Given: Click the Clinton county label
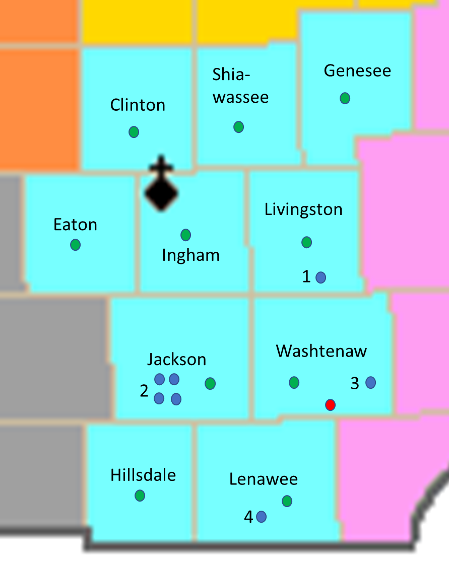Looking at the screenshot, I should point(138,105).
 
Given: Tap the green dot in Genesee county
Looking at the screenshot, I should point(345,98).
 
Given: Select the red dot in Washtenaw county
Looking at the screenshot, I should point(330,404).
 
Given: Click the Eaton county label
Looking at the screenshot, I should point(75,225).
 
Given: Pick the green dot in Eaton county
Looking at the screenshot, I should point(75,245).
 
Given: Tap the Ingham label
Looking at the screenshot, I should point(190,255).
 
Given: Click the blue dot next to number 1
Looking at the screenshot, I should point(320,277).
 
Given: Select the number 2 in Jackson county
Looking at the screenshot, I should point(144,391).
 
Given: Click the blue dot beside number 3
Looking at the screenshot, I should point(370,382).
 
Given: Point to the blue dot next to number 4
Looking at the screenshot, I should point(261,517).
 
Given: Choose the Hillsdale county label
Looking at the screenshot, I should point(143,475).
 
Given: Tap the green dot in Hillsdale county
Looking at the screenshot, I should point(140,496).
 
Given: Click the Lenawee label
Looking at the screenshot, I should point(263,479).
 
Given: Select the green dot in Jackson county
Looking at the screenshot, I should point(210,384).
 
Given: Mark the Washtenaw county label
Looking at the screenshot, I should point(322,351).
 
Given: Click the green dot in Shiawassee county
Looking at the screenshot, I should point(238,126).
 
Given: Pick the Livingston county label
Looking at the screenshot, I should point(303,209).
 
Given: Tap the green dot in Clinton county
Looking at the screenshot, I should point(134,132).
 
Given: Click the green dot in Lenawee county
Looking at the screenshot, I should point(287,501).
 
